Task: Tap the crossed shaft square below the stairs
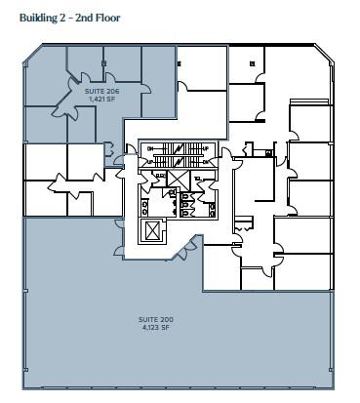(178, 179)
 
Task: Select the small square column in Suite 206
(103, 63)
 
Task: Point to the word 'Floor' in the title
(105, 16)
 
